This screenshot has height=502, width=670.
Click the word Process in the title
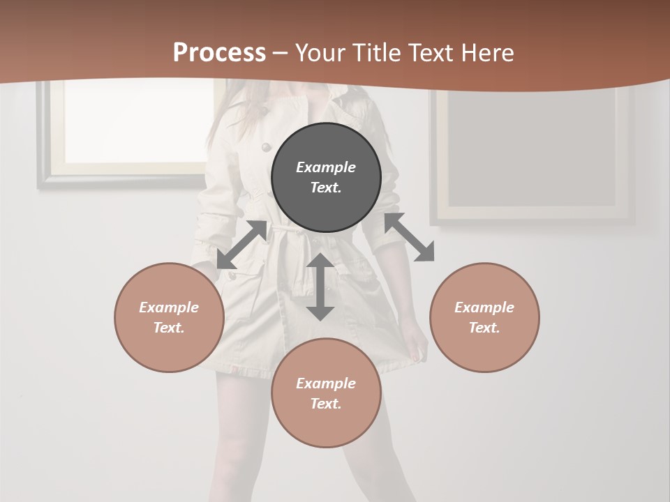(219, 53)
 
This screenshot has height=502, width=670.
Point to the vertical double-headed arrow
(320, 287)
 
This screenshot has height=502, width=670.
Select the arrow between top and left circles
(241, 245)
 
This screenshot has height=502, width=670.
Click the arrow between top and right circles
(410, 237)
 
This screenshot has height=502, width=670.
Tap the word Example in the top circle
(326, 167)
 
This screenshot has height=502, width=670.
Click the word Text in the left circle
(168, 328)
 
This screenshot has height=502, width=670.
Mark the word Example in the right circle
(484, 307)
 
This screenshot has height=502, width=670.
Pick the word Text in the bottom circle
(325, 404)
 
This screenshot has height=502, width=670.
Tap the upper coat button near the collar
(265, 146)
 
